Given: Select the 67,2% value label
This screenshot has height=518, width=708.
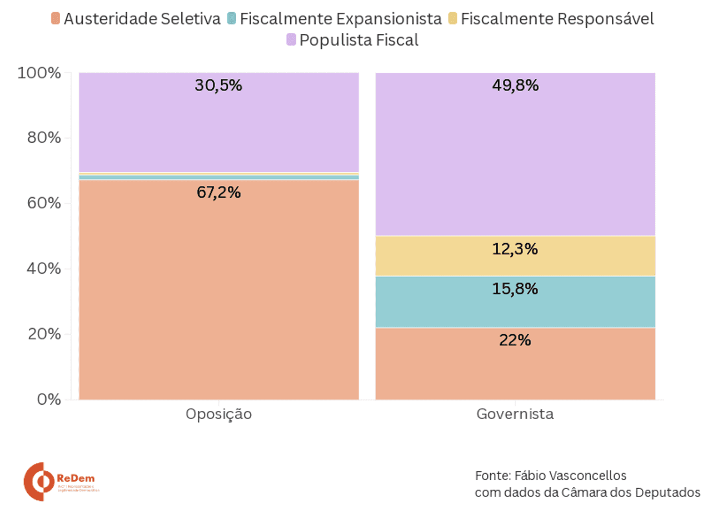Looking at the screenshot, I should click(218, 192).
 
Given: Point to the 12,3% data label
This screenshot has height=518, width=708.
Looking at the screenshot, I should click(515, 249).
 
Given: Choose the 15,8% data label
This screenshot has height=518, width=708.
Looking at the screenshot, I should click(515, 289).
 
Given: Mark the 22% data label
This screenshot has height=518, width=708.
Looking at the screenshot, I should click(515, 340).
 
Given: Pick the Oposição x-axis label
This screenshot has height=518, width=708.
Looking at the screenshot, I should click(218, 415).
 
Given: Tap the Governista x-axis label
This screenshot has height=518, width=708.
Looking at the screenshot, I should click(515, 415).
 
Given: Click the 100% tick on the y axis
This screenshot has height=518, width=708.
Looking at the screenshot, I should click(39, 73).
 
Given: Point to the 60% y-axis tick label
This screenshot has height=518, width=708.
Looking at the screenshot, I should click(43, 203).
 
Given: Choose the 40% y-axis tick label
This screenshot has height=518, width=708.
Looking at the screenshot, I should click(43, 269).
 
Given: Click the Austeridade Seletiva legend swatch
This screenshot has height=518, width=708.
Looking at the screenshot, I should click(55, 19).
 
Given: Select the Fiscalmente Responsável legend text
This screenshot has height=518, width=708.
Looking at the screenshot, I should click(557, 19).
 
